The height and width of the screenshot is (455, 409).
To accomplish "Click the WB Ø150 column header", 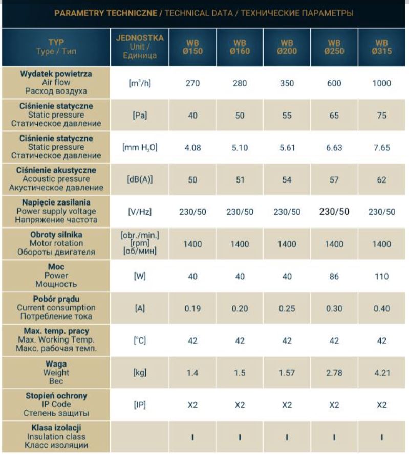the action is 192,48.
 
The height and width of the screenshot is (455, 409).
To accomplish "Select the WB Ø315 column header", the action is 381,48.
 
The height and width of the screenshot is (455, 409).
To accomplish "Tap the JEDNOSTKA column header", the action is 140,38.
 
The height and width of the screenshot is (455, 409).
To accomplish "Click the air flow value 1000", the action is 381,83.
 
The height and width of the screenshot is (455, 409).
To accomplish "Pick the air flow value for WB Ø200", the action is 287,83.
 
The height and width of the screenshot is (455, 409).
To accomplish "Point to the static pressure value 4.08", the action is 192,148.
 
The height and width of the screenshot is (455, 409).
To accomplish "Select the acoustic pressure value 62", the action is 381,180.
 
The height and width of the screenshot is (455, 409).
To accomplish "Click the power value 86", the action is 334,276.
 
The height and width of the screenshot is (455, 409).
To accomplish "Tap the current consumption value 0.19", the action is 192,308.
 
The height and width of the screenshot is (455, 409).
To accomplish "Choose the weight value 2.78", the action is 334,373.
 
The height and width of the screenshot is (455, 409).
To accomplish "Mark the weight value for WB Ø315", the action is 382,373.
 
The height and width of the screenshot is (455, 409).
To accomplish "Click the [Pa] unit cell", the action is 140,116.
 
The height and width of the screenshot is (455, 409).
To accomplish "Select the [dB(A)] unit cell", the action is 140,179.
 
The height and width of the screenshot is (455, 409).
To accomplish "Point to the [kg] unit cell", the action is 140,373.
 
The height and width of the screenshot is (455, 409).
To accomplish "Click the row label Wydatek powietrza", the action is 56,74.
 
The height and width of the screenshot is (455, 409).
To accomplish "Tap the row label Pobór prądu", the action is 56,299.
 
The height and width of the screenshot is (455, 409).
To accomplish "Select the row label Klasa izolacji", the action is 56,428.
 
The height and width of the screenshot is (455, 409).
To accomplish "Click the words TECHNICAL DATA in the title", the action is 199,13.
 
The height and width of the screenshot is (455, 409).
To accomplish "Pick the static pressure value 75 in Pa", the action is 381,116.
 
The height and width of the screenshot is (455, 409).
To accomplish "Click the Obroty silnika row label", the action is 56,235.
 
